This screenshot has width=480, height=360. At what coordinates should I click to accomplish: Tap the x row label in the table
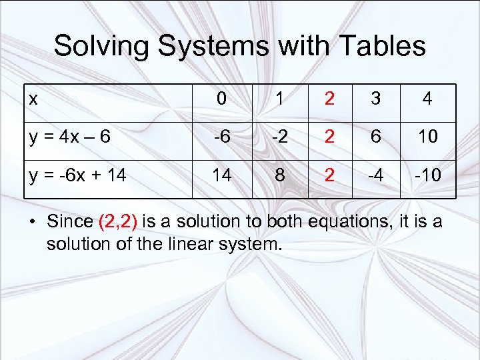point(33,99)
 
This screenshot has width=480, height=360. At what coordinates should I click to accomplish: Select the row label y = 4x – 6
point(69,137)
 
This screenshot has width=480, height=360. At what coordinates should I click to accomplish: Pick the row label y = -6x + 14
point(77,177)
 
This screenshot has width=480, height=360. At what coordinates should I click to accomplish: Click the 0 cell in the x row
point(221,99)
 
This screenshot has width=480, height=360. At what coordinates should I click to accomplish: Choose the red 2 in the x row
point(329,99)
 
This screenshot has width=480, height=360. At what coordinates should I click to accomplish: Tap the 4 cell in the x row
point(427,99)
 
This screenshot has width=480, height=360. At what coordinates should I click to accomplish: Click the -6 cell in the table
point(221,137)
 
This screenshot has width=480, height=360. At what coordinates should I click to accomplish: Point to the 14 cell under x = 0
point(221,177)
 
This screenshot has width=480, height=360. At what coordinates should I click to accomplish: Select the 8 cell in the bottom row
point(281,177)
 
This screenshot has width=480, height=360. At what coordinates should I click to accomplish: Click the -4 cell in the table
point(376,177)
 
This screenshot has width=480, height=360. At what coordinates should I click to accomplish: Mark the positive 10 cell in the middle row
point(427,137)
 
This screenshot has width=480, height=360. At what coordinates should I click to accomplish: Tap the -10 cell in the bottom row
point(427,177)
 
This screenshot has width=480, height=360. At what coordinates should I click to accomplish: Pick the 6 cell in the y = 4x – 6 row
point(376,137)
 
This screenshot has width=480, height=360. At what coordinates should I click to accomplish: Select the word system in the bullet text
point(250,244)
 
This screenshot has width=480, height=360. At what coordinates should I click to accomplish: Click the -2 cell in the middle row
point(281,137)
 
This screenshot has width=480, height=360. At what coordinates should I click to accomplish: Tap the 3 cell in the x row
point(376,99)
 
